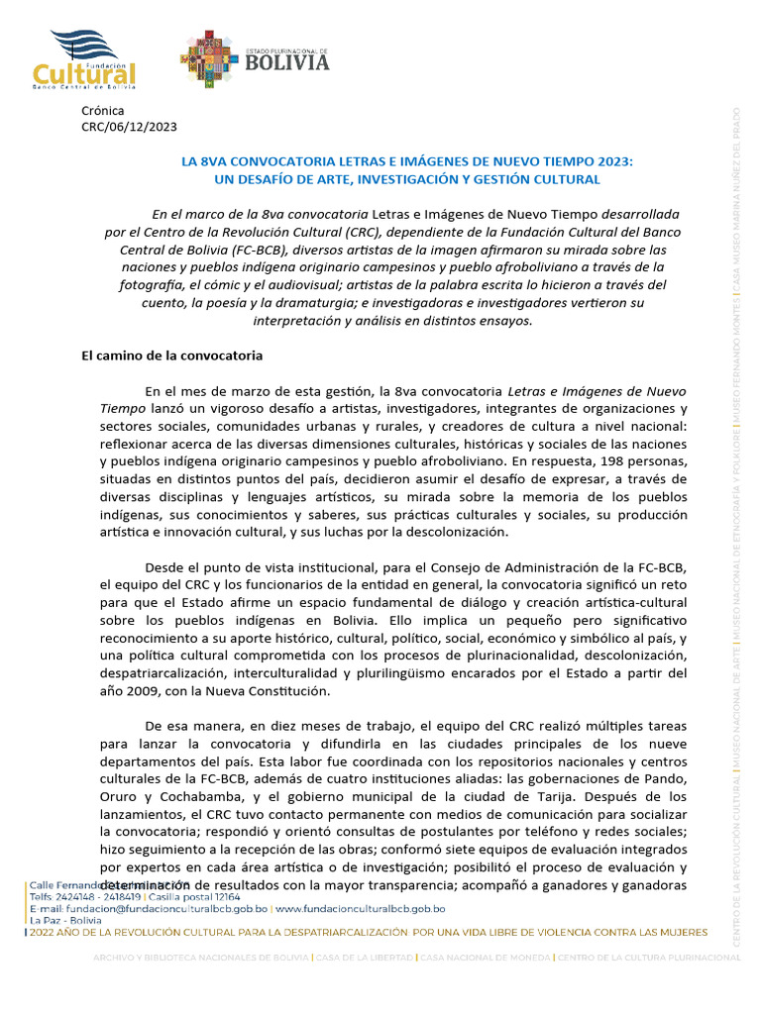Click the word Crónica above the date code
click(x=103, y=110)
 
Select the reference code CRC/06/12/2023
click(x=130, y=126)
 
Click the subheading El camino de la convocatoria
click(x=171, y=355)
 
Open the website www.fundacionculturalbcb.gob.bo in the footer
click(x=361, y=908)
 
